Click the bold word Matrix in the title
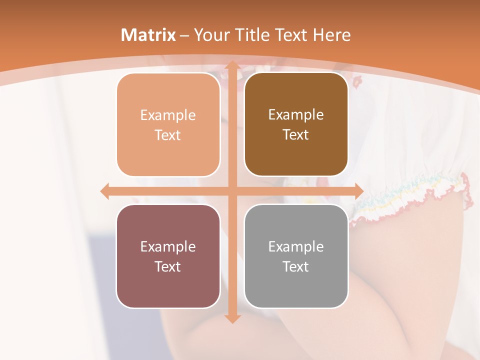148,35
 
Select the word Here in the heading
332,35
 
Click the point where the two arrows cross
232,191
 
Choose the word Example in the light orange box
168,115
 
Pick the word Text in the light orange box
168,135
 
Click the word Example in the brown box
296,115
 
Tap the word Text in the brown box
296,135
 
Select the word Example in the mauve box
168,247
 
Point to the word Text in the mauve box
168,267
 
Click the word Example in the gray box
296,247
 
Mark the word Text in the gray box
296,267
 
